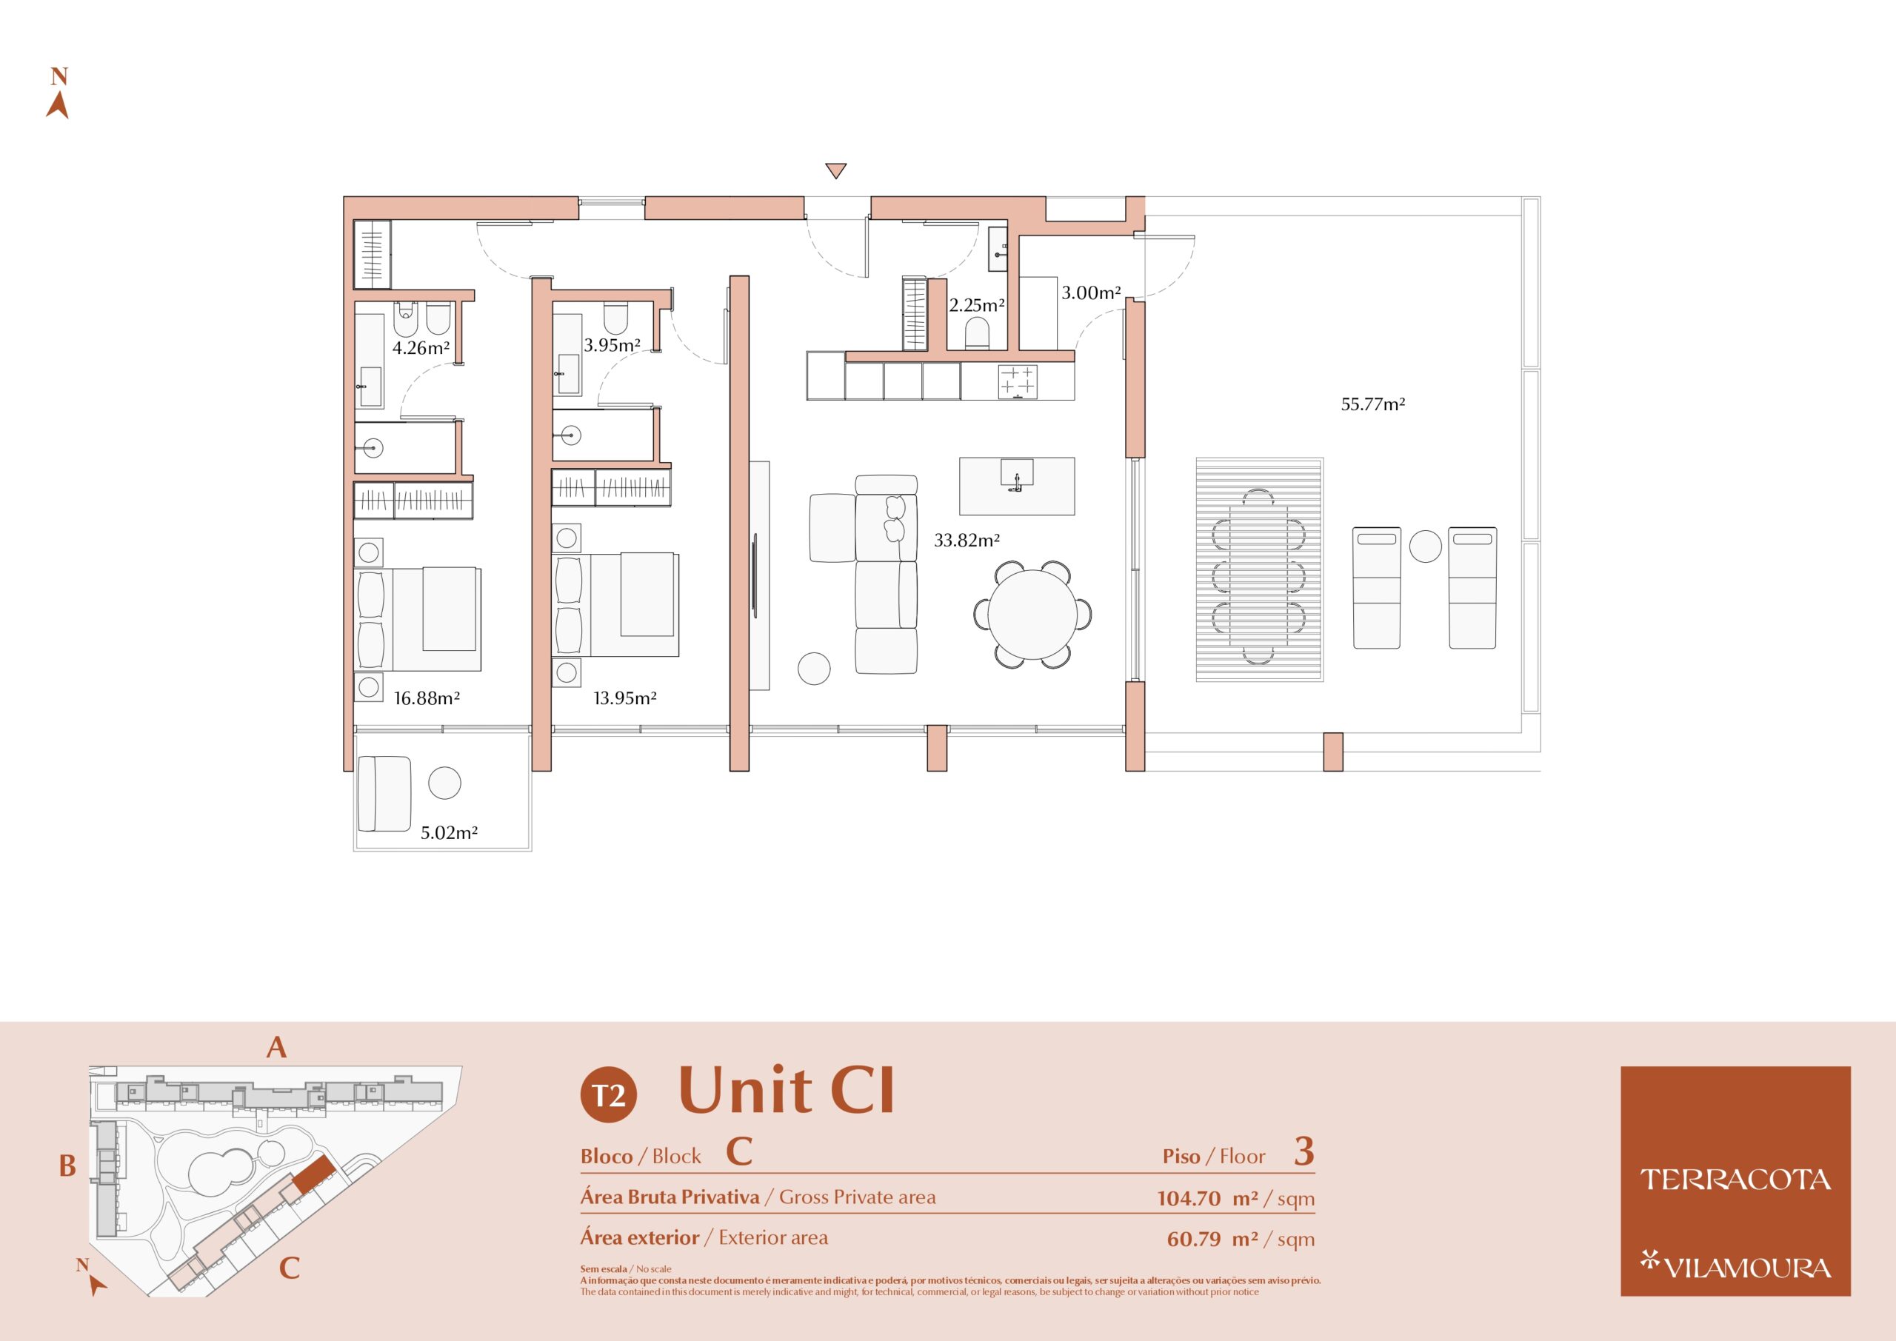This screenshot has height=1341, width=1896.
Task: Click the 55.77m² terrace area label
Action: pyautogui.click(x=1372, y=404)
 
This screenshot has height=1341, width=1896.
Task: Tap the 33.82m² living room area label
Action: pyautogui.click(x=967, y=540)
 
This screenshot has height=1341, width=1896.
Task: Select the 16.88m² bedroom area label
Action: pyautogui.click(x=426, y=698)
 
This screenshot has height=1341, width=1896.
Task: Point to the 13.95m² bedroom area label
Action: pyautogui.click(x=624, y=698)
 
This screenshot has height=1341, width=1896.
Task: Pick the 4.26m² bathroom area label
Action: pyautogui.click(x=421, y=347)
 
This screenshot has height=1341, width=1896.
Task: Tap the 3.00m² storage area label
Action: pyautogui.click(x=1091, y=292)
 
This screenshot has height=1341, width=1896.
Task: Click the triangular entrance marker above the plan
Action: pyautogui.click(x=835, y=171)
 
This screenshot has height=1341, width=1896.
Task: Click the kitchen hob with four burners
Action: pyautogui.click(x=1018, y=381)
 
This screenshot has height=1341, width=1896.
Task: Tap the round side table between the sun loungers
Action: pyautogui.click(x=1424, y=546)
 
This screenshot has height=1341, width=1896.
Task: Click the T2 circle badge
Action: pyautogui.click(x=609, y=1095)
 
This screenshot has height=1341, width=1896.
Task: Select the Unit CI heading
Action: pyautogui.click(x=786, y=1090)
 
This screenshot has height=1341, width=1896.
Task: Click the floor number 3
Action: pyautogui.click(x=1304, y=1151)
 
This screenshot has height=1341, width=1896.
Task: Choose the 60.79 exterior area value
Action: pyautogui.click(x=1194, y=1239)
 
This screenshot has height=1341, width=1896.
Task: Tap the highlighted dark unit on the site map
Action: pyautogui.click(x=314, y=1174)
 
